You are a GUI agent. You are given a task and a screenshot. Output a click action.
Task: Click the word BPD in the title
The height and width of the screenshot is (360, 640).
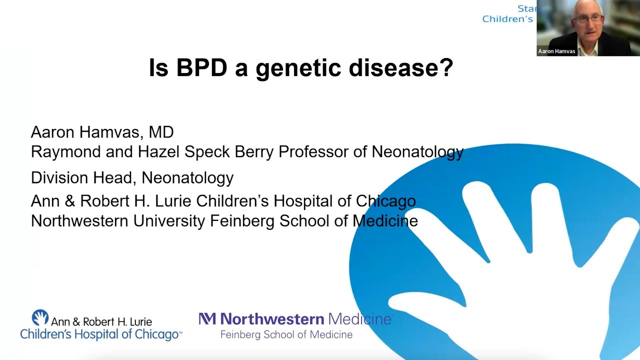coord(201,68)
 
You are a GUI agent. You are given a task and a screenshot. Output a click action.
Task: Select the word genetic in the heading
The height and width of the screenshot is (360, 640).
coord(298,69)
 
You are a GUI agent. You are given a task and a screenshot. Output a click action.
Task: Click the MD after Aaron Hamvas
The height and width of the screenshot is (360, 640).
coord(161,132)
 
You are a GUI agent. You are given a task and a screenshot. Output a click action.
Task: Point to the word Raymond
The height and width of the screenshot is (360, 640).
coord(65,151)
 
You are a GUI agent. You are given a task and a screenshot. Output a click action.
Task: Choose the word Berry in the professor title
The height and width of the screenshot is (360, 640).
coord(254,151)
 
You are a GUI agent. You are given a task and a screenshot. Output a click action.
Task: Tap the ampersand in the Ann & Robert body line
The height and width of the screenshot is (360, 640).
coord(69,201)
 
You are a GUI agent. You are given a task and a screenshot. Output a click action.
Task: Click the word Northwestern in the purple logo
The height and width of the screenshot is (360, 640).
coord(272,319)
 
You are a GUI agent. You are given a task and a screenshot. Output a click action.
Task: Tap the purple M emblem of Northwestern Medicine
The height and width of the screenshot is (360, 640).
coord(207,319)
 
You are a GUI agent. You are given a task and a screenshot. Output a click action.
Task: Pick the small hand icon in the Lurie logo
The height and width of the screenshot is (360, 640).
coord(40,317)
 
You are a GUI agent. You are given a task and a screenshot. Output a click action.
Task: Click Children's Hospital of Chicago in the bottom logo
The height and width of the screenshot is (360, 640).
coord(99,334)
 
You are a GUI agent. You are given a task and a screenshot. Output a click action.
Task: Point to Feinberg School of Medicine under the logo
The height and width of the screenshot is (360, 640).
coord(286,334)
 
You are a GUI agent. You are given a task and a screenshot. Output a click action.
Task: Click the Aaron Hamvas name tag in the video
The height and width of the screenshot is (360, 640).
coord(556,51)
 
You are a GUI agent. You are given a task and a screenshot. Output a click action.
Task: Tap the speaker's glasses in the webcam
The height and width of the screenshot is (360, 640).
coord(589,19)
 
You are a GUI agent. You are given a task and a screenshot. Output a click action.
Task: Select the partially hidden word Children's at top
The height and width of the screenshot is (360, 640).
coord(507,19)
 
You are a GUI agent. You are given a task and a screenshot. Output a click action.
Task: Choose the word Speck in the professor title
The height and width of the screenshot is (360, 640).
coord(207,151)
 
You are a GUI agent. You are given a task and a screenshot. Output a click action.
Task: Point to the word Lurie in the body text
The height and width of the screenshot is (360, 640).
coord(173,201)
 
